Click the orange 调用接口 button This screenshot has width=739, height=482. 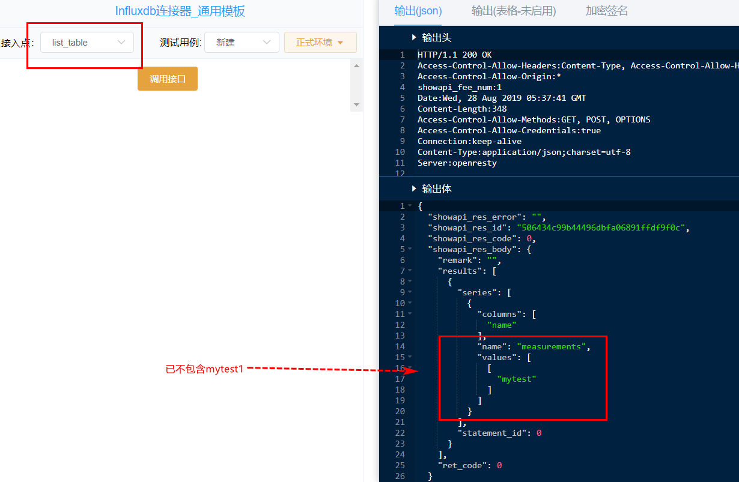tap(168, 79)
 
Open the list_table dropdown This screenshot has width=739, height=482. tap(87, 42)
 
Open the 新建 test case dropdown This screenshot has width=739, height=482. tap(242, 42)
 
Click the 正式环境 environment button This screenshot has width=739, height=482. tap(320, 42)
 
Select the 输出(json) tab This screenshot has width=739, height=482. tap(418, 11)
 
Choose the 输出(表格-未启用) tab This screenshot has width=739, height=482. tap(514, 11)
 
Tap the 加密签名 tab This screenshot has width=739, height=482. tap(607, 11)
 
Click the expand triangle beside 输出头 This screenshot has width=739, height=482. tap(414, 37)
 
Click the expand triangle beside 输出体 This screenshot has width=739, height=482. tap(414, 188)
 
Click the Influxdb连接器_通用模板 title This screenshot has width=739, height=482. tap(180, 11)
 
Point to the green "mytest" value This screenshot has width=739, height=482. tap(517, 379)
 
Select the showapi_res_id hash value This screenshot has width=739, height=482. tap(601, 228)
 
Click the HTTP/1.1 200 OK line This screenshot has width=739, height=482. tap(455, 55)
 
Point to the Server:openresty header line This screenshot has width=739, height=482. tap(457, 163)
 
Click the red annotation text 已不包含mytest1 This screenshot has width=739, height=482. tap(204, 369)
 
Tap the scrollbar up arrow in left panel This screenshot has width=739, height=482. tap(357, 66)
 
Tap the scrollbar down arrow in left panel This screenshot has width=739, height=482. tap(357, 104)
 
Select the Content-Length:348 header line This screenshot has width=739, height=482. tap(462, 109)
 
